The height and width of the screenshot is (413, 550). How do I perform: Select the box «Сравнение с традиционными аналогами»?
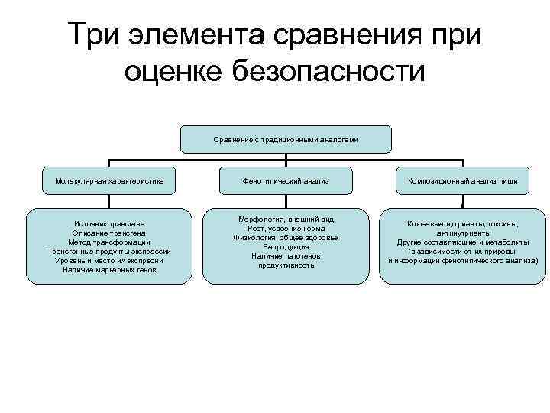(x=286, y=139)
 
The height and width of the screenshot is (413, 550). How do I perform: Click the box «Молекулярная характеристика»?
(x=109, y=181)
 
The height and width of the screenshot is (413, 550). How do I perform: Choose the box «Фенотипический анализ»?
(x=286, y=181)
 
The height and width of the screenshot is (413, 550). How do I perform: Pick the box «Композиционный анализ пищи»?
(x=462, y=181)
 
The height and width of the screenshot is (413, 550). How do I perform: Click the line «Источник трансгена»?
(x=109, y=223)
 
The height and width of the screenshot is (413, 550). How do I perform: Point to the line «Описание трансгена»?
(x=109, y=233)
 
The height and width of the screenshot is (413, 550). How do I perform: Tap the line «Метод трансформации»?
(x=109, y=242)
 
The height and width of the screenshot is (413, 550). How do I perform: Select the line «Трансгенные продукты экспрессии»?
(x=109, y=251)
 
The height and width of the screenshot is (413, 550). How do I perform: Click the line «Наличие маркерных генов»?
(x=109, y=269)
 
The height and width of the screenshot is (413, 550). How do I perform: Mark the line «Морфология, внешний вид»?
(x=286, y=220)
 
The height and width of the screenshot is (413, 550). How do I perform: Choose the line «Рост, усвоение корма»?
(x=286, y=229)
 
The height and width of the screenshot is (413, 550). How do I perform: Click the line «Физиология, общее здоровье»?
(x=286, y=238)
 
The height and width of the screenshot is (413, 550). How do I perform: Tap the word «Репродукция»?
(x=286, y=247)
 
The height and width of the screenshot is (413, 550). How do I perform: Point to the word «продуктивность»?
(x=286, y=265)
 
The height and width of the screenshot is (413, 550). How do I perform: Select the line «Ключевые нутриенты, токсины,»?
(x=462, y=223)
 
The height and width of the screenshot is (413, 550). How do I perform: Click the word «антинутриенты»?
(x=462, y=233)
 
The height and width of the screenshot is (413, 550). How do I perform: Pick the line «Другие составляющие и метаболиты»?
(x=462, y=242)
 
